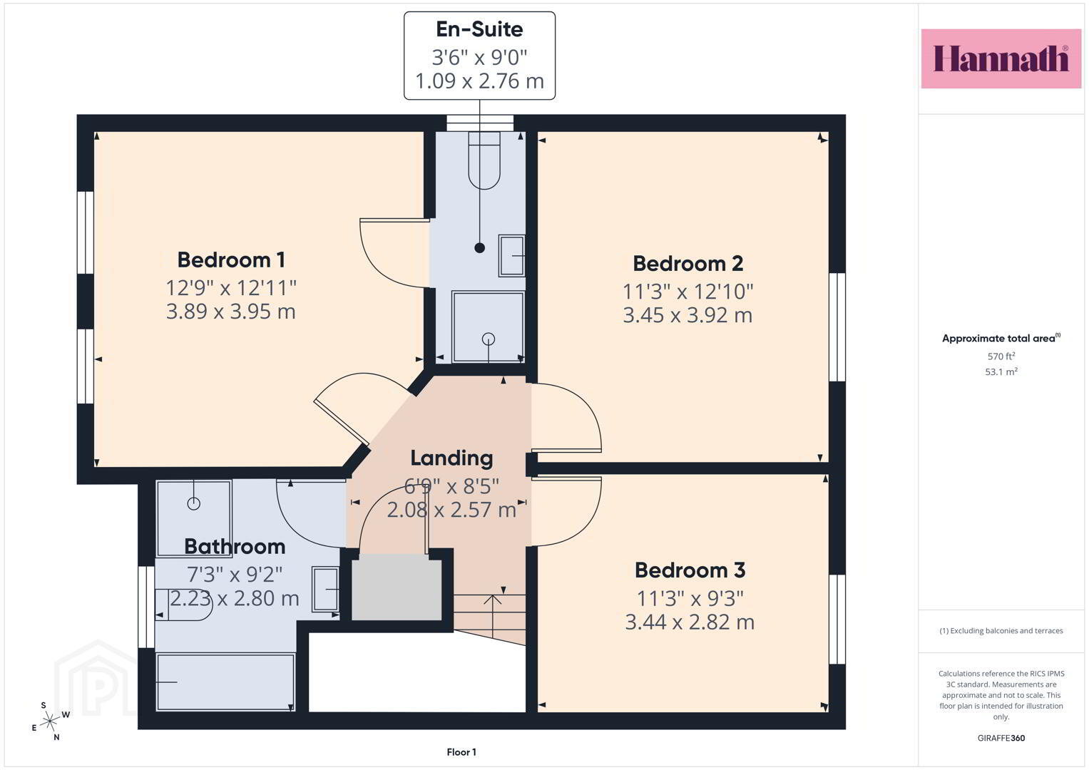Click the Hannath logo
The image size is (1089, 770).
pyautogui.click(x=1001, y=58)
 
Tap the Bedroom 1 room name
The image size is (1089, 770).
pyautogui.click(x=231, y=260)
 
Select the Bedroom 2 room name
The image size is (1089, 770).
pyautogui.click(x=688, y=264)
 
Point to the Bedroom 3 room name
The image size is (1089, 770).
pyautogui.click(x=690, y=570)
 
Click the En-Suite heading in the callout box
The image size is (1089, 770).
pyautogui.click(x=479, y=29)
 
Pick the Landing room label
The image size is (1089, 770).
pyautogui.click(x=451, y=458)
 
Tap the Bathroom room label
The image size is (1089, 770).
pyautogui.click(x=235, y=547)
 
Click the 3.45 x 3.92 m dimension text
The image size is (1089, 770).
pyautogui.click(x=688, y=315)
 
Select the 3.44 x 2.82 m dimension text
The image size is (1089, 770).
pyautogui.click(x=690, y=622)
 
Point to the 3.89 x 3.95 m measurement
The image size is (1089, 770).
pyautogui.click(x=231, y=312)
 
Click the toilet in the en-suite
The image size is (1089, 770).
pyautogui.click(x=484, y=160)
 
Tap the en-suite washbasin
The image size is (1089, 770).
pyautogui.click(x=512, y=256)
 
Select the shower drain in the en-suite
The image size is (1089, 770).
pyautogui.click(x=489, y=339)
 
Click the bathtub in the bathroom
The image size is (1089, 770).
pyautogui.click(x=225, y=682)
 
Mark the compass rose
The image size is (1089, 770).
pyautogui.click(x=50, y=722)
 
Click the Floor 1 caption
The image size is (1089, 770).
pyautogui.click(x=461, y=752)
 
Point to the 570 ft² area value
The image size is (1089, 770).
pyautogui.click(x=1001, y=356)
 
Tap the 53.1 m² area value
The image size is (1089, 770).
pyautogui.click(x=1001, y=372)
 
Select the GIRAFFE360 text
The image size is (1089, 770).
pyautogui.click(x=1001, y=738)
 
